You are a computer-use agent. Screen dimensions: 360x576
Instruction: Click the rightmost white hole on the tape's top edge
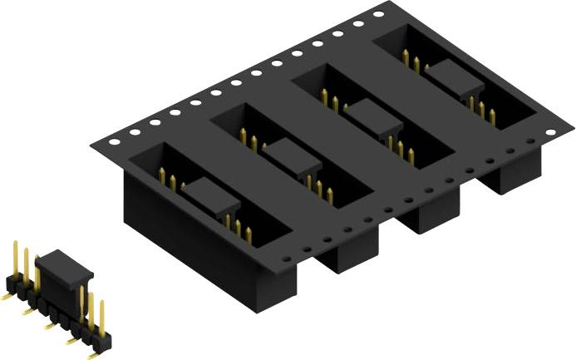tap(379, 15)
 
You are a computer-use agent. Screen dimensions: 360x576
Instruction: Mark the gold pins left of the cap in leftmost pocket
tap(166, 177)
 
